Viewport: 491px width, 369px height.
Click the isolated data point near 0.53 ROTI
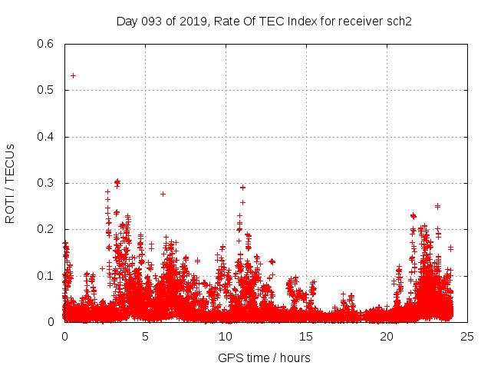[73, 75]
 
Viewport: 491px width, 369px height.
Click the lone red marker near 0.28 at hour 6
[163, 194]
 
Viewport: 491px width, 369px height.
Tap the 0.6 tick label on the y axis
[47, 44]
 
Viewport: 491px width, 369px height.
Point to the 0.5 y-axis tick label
[47, 90]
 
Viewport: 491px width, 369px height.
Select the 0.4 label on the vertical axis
[47, 137]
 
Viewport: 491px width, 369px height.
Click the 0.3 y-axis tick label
[47, 183]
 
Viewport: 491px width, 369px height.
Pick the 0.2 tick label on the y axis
[47, 229]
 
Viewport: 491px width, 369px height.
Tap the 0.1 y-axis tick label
[47, 276]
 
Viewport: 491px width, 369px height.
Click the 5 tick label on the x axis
[145, 336]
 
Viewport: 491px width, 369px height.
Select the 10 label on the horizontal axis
[226, 336]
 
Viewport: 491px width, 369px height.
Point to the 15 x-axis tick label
[306, 336]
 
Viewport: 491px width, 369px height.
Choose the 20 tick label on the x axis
[387, 336]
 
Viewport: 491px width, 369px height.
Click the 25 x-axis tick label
[467, 336]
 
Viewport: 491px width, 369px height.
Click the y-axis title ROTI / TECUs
[10, 183]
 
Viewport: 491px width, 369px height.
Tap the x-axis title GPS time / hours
[264, 357]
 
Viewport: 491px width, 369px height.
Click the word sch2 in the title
[399, 21]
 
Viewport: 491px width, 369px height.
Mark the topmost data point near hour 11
[242, 188]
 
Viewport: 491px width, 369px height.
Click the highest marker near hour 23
[437, 206]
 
